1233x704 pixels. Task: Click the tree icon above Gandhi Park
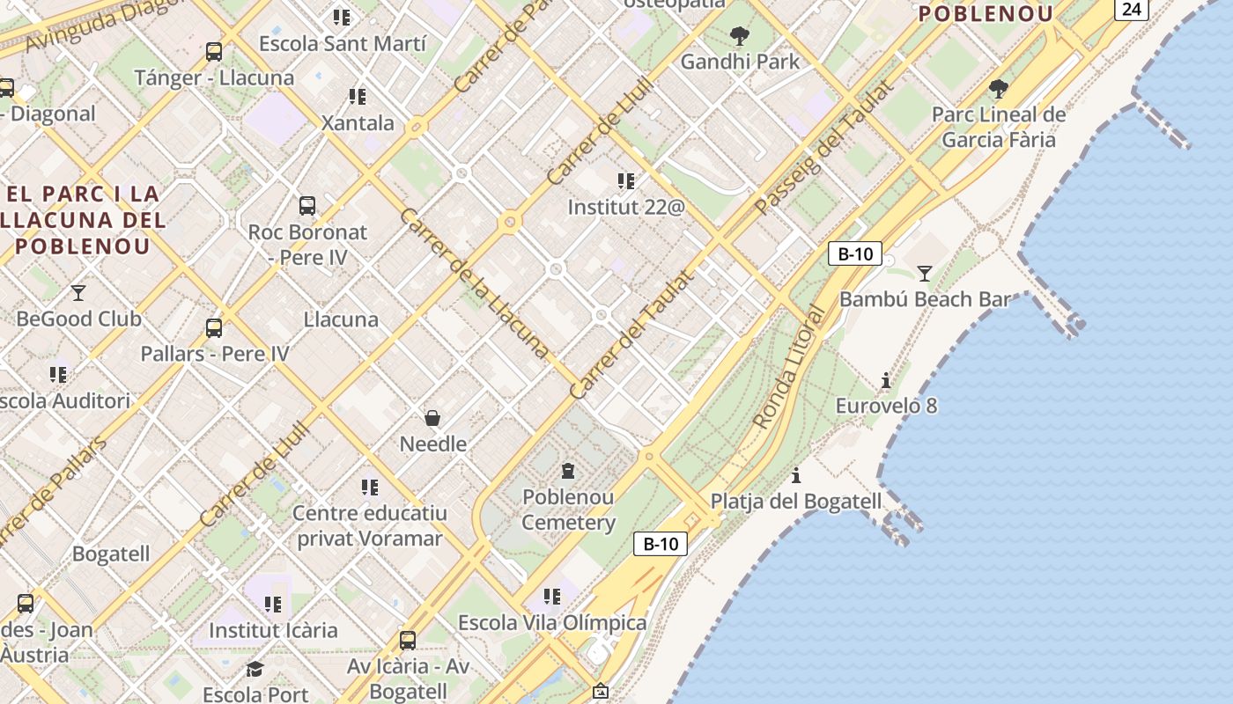pos(740,36)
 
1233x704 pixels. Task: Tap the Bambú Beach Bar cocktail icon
pos(924,274)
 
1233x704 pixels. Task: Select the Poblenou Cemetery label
pos(568,510)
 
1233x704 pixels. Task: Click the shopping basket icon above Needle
pos(432,417)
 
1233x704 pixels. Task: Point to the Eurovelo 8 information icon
pos(886,380)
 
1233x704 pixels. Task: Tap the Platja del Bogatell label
pos(795,501)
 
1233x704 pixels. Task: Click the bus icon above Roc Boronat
pos(307,206)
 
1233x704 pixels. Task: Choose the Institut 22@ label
pos(625,208)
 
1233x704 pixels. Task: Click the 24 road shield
pos(1132,9)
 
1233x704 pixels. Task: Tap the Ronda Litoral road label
pos(789,368)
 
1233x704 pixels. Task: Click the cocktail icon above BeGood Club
pos(78,292)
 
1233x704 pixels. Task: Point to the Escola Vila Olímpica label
pos(552,622)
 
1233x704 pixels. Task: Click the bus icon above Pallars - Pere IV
pos(213,328)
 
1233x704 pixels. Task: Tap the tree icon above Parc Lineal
pos(998,88)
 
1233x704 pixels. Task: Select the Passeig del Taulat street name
pos(825,147)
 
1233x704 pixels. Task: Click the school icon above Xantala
pos(357,96)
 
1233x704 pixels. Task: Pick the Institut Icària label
pos(273,630)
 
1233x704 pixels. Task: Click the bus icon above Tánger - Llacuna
pos(213,52)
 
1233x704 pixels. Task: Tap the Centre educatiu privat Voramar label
pos(369,525)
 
